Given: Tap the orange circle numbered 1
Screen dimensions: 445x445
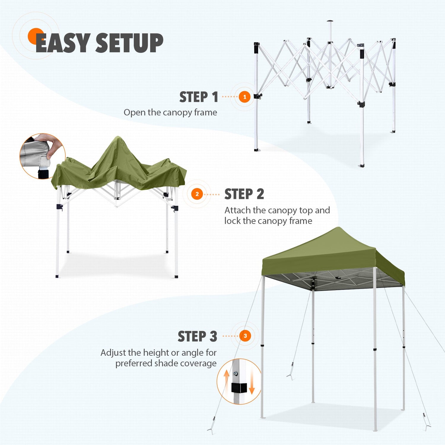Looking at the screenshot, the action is point(244,97).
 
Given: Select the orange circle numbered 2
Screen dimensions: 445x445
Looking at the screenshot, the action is point(197,194).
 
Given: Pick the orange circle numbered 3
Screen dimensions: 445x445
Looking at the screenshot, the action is point(245,336).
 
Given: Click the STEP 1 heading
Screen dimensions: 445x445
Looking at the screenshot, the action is point(199,97).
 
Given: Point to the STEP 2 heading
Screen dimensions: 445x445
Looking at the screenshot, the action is point(244,194).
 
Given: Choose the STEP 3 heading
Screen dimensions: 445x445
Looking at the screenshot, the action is point(197,336).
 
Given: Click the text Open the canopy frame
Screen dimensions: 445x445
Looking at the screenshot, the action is point(170,112).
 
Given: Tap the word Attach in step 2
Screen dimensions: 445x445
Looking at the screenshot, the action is point(237,210).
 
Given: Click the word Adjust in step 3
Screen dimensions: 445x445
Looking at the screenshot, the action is point(113,353).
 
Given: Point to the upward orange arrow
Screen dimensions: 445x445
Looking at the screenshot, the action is point(226,381).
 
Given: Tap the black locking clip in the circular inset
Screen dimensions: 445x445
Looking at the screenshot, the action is point(239,387).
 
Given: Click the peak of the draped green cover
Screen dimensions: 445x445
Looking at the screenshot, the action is point(118,137).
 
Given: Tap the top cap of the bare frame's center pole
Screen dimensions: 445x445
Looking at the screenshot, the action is point(330,21).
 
